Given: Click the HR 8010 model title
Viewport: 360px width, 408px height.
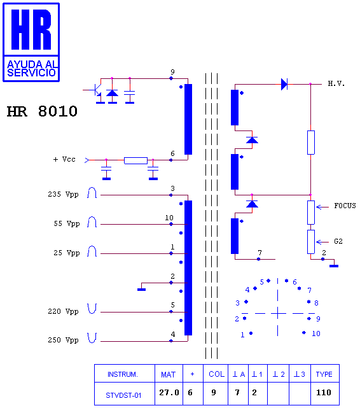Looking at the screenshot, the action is pos(42,111).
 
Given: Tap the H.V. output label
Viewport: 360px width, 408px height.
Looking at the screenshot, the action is pos(336,83).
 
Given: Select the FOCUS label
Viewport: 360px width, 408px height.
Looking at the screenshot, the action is pos(345,206).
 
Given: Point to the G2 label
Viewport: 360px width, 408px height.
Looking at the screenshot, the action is pos(338,241).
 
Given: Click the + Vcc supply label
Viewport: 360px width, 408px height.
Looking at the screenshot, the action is pos(64,159).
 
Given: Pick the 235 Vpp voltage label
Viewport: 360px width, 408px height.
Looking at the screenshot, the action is pos(63,194).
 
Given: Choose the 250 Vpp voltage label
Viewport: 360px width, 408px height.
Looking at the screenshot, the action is pos(63,340).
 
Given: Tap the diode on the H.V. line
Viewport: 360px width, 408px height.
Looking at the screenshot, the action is pos(284,84).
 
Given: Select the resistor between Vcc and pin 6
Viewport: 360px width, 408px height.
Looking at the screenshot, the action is pos(135,160).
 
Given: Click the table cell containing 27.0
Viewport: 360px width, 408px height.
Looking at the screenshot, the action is pos(169,393).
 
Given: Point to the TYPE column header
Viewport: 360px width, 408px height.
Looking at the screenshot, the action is pos(324,374).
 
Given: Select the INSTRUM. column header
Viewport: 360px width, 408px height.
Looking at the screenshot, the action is pos(123,374).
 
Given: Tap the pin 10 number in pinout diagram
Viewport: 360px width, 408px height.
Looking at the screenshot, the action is pos(316,334).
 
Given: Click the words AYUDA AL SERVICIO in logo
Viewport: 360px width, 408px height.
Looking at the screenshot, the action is pos(31,69).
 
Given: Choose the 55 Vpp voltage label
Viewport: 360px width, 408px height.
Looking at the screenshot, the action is pos(67,224).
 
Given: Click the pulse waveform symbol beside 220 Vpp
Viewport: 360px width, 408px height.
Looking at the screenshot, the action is pos(92,308).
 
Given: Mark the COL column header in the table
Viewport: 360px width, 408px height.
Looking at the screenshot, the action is pos(216,374).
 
